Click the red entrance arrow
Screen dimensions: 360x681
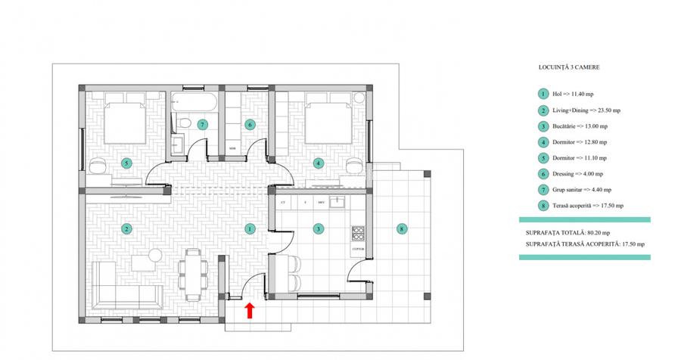[249, 308]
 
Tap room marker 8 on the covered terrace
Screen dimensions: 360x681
[401, 228]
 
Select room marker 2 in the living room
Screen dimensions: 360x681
[126, 228]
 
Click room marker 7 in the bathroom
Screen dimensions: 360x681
[202, 124]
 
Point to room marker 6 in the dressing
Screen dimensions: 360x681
[250, 124]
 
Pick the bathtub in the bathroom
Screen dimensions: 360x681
[195, 101]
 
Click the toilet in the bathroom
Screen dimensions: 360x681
[182, 123]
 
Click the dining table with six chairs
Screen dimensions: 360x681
[191, 272]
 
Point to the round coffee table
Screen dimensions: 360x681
[155, 256]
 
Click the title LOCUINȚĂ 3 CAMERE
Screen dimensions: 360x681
[564, 67]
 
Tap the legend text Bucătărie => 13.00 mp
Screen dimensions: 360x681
[581, 126]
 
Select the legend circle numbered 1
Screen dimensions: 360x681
[543, 95]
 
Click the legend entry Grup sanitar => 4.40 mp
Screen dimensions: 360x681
[583, 190]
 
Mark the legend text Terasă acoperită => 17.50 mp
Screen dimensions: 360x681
[587, 206]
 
